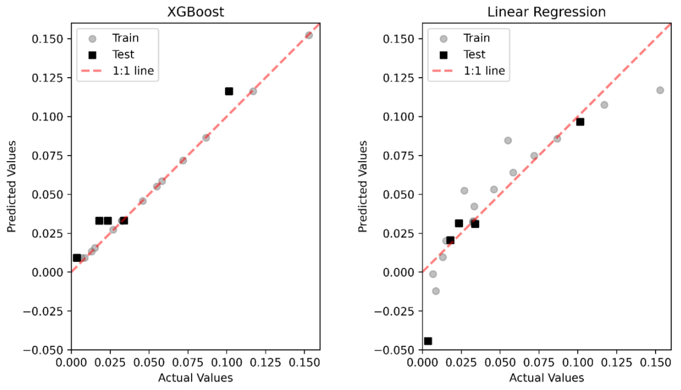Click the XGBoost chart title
click(195, 12)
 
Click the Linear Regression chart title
click(546, 12)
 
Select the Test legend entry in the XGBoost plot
click(123, 54)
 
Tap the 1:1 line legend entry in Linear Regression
click(484, 71)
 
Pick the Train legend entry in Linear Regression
click(476, 38)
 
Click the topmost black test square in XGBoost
click(229, 91)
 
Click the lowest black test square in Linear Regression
click(428, 341)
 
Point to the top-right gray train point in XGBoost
click(309, 35)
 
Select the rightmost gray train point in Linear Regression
click(660, 90)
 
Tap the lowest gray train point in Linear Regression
click(436, 291)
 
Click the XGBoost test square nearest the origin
click(77, 258)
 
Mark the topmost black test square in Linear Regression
click(580, 122)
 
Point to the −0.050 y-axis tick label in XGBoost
click(43, 350)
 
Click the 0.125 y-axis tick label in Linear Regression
click(398, 78)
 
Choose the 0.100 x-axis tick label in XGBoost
click(226, 362)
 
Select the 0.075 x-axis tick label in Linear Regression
click(538, 362)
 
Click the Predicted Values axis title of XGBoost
click(11, 186)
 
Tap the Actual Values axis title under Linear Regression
click(546, 378)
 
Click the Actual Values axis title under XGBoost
click(195, 378)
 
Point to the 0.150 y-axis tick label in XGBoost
click(47, 39)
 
